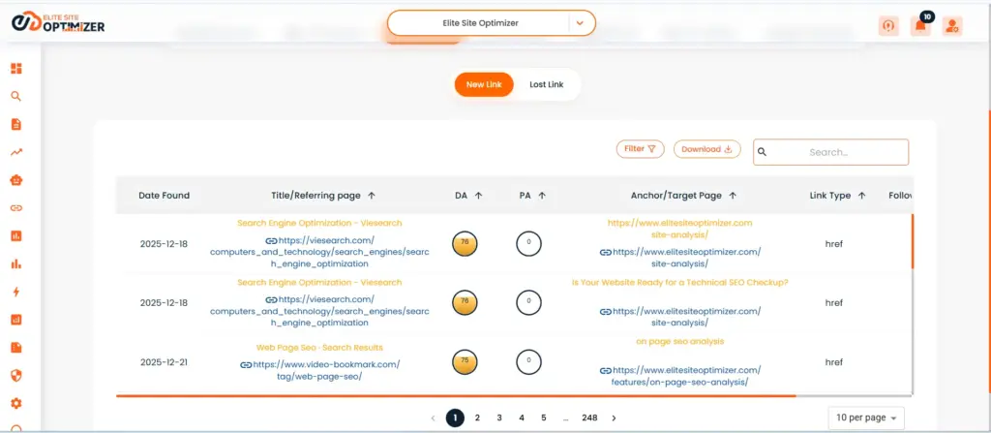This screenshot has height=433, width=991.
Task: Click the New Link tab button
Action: coord(484,84)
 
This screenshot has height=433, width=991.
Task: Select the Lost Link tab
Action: coord(546,84)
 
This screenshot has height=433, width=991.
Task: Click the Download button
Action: coord(706,149)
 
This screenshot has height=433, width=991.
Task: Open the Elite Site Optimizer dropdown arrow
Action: coord(579,22)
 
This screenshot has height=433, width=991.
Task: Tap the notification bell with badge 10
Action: coord(920,26)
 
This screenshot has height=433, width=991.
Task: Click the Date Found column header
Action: coord(164,195)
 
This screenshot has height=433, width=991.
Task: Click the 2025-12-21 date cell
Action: coord(164,362)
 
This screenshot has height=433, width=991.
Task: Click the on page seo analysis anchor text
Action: coord(679,341)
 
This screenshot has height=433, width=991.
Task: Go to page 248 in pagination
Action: coord(589,418)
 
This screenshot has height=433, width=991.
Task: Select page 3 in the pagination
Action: coord(499,418)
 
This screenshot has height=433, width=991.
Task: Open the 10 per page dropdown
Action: coord(867,418)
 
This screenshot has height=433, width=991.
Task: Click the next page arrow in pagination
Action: coord(614,418)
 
